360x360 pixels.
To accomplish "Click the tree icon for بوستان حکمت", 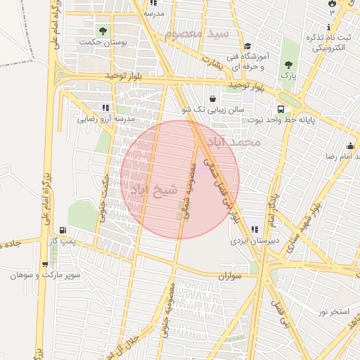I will click(103, 31).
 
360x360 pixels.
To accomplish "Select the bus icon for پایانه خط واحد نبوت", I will click(281, 109).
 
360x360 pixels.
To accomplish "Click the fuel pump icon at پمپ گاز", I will click(63, 230).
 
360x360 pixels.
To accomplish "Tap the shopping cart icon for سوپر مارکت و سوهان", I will click(45, 264).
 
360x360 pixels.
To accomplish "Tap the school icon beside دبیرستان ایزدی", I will click(254, 229).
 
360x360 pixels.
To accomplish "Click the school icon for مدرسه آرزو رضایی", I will click(105, 108).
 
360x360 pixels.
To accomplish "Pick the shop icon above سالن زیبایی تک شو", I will click(212, 98).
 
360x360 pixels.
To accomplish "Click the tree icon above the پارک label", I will click(288, 62).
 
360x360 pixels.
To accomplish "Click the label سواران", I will click(229, 277).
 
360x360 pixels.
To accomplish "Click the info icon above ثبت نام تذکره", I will click(330, 26).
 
